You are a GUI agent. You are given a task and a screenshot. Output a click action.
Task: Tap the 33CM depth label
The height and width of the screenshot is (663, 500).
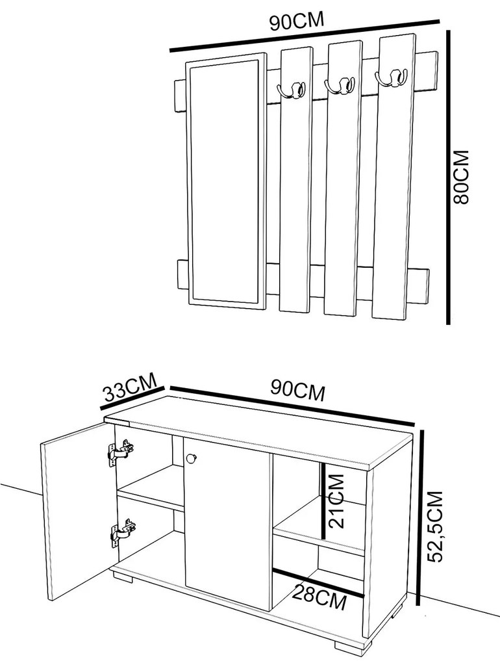(x=130, y=387)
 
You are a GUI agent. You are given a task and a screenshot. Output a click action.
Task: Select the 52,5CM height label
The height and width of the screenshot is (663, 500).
(x=435, y=527)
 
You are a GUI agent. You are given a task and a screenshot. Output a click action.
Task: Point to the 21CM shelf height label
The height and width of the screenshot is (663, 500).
(x=336, y=501)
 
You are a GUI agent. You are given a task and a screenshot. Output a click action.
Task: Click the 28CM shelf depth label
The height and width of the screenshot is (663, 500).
(x=319, y=597)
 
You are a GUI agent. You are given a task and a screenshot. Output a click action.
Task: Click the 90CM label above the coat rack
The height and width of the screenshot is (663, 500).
(x=297, y=21)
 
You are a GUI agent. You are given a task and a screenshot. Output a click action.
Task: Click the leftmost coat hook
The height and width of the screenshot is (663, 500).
(x=292, y=90)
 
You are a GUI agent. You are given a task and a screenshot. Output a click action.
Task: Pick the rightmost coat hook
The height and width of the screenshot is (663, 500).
(x=392, y=78)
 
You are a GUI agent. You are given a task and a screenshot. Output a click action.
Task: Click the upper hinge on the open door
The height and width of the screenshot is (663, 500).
(x=121, y=452)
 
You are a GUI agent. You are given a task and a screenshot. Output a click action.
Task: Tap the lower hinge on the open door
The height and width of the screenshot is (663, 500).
(x=123, y=533)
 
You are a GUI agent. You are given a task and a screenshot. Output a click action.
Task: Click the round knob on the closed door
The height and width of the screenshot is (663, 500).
(x=192, y=458)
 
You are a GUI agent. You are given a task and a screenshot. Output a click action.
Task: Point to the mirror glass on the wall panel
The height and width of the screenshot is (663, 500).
(x=224, y=181)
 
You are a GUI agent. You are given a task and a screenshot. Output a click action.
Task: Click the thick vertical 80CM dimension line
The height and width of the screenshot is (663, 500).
(x=449, y=177)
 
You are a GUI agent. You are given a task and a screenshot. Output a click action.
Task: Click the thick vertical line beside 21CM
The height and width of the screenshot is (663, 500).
(x=323, y=502)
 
